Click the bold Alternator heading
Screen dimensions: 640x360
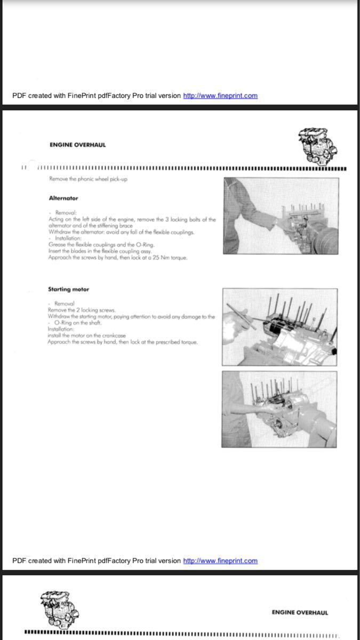point(63,198)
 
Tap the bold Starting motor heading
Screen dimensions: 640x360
point(68,289)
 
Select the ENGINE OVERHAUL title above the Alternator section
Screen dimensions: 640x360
point(77,145)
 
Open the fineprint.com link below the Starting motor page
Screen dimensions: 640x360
point(220,561)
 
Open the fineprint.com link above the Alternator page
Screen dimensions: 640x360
point(220,96)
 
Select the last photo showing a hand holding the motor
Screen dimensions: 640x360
point(279,409)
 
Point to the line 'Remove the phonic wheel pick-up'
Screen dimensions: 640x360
point(87,179)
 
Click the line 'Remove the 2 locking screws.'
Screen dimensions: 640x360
point(82,309)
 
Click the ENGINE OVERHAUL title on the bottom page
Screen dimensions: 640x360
point(300,612)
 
